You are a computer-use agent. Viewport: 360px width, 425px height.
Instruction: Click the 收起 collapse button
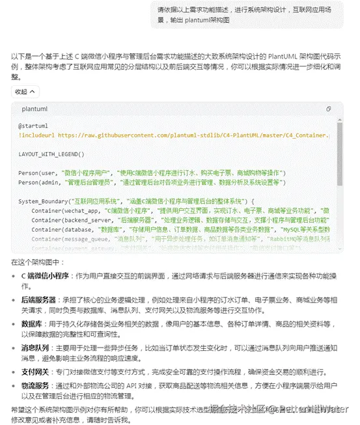[x=25, y=92]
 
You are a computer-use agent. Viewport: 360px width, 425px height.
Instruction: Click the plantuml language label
[x=35, y=109]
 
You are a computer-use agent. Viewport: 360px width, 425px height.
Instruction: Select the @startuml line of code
[x=34, y=126]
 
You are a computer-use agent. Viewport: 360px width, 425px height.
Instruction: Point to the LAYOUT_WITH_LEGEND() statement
[x=52, y=154]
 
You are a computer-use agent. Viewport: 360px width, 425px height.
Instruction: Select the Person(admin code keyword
[x=35, y=183]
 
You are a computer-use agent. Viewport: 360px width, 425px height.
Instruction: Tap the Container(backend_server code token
[x=71, y=221]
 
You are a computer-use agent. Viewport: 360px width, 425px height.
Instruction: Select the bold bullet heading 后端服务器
[x=38, y=299]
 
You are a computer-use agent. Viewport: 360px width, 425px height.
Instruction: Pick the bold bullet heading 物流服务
[x=35, y=385]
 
